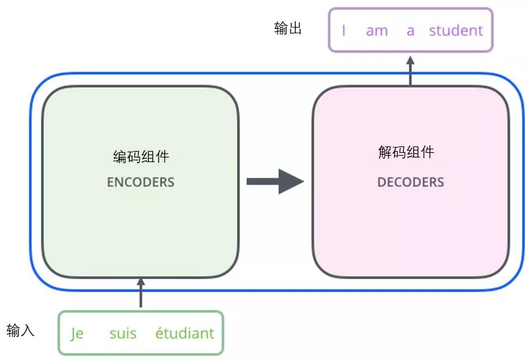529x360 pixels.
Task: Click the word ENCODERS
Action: (x=140, y=182)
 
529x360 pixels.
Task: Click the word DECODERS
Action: (x=410, y=182)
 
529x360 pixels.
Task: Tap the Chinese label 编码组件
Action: (x=141, y=156)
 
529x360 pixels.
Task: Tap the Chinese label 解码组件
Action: (x=406, y=152)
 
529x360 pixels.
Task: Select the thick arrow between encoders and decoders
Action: (x=275, y=181)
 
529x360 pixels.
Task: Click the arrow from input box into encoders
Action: (x=141, y=293)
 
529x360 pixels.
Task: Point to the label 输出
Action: (x=288, y=29)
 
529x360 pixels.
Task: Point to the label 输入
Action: (x=21, y=330)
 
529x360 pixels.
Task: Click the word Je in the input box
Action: (x=77, y=333)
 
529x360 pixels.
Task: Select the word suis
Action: (x=123, y=333)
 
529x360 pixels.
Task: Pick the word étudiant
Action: (x=185, y=333)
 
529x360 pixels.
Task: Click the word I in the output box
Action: (x=344, y=31)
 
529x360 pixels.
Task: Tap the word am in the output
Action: (x=377, y=31)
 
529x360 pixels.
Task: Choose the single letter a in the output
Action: (x=410, y=31)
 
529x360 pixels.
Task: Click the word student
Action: (x=456, y=31)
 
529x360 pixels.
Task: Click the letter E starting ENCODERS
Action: (x=110, y=182)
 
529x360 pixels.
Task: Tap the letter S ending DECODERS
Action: (x=441, y=182)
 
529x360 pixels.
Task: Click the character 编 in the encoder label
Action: (x=119, y=156)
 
